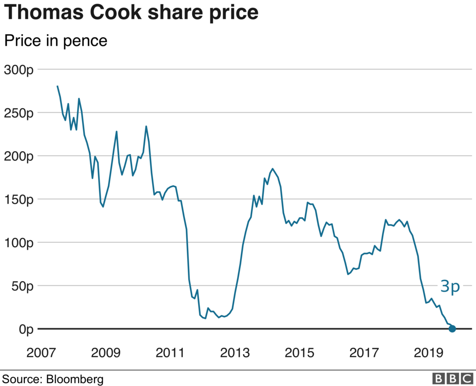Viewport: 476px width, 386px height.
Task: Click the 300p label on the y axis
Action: click(x=19, y=70)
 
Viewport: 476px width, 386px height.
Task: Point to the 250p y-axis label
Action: click(x=19, y=113)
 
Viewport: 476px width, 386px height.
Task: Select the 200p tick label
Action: click(x=19, y=156)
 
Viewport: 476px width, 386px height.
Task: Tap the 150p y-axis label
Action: click(x=19, y=199)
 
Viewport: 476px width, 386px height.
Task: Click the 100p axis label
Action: click(x=19, y=243)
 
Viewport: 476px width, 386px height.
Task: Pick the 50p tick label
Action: click(x=21, y=286)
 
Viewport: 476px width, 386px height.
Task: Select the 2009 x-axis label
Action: click(x=105, y=352)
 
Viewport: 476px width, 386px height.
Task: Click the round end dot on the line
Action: click(x=452, y=329)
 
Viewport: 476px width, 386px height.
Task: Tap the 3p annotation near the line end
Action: click(x=450, y=287)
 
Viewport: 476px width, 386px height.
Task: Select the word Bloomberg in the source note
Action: click(x=75, y=379)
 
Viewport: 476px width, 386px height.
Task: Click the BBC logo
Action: click(x=453, y=379)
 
